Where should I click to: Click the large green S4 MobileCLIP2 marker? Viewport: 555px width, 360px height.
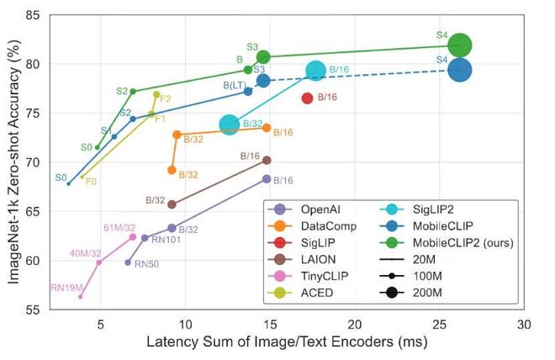(x=459, y=45)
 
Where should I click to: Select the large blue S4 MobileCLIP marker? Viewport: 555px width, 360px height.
(x=459, y=70)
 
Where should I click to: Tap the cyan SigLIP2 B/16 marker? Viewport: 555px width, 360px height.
(x=315, y=71)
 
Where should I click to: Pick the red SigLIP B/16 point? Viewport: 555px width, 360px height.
(x=307, y=98)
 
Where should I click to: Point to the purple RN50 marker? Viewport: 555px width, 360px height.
(x=128, y=262)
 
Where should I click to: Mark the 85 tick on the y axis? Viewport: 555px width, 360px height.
(x=39, y=15)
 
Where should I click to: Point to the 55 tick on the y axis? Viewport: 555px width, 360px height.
(x=39, y=310)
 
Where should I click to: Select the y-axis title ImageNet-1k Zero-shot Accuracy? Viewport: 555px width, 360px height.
(x=13, y=162)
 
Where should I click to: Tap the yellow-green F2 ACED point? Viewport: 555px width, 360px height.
(x=156, y=94)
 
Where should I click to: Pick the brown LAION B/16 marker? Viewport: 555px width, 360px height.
(x=267, y=160)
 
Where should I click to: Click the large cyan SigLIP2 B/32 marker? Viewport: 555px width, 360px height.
(x=230, y=124)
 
